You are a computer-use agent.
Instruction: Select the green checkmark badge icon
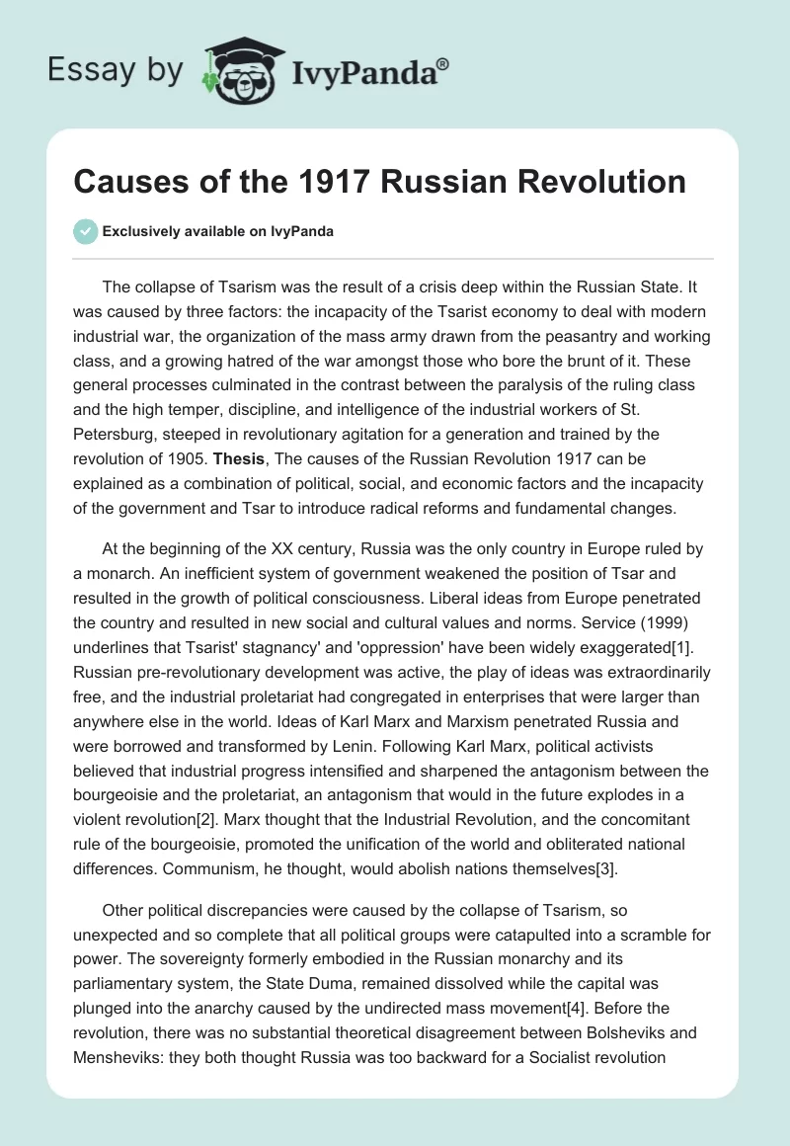(x=85, y=231)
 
